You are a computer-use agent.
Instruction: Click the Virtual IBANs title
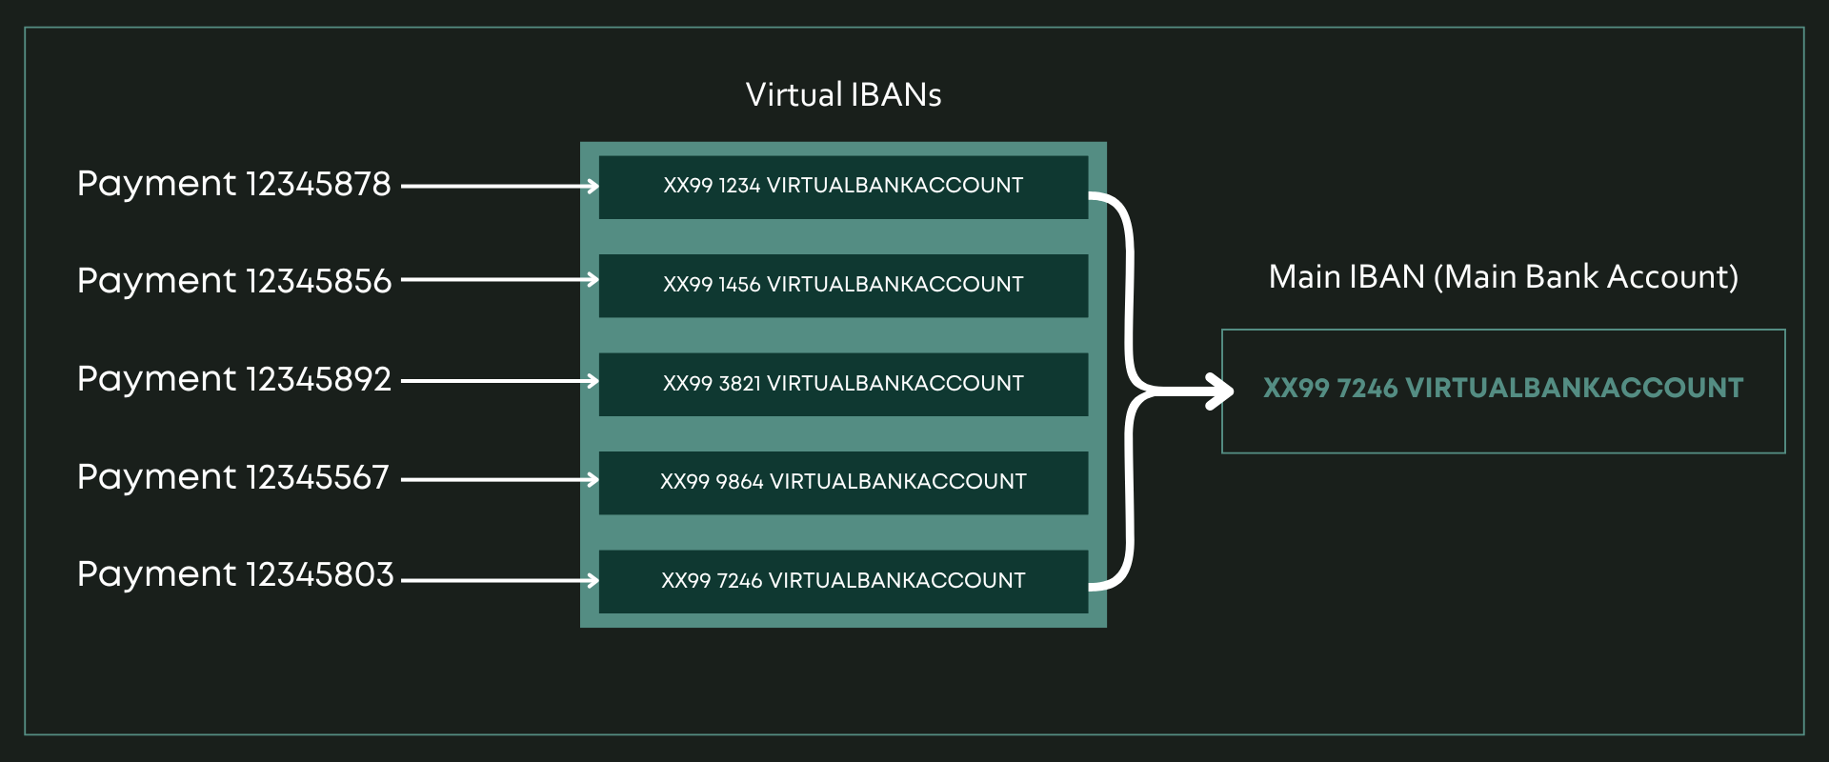click(843, 95)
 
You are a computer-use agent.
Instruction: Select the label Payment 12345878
click(233, 184)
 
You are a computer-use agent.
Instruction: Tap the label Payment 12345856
click(233, 281)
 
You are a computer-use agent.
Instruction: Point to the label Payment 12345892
click(233, 379)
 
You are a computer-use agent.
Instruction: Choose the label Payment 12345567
click(232, 477)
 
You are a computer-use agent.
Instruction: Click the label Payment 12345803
click(234, 574)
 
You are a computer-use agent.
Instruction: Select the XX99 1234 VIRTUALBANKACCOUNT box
click(843, 187)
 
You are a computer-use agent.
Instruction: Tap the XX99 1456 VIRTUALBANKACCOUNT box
click(843, 285)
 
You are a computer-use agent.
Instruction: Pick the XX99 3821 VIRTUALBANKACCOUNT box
click(843, 384)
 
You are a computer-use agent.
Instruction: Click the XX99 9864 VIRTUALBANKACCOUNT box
click(843, 482)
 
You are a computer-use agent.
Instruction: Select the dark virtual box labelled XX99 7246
click(843, 581)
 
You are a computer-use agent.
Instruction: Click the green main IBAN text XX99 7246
click(1502, 389)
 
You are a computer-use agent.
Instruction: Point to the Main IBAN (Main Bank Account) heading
click(1502, 277)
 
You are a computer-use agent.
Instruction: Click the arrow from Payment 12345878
click(500, 187)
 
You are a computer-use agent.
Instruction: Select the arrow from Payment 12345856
click(500, 280)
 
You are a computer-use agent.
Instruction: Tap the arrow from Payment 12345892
click(500, 381)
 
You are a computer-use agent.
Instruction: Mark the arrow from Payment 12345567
click(500, 480)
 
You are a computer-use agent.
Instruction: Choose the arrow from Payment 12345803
click(500, 580)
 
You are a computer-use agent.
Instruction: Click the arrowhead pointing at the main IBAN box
click(1221, 391)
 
